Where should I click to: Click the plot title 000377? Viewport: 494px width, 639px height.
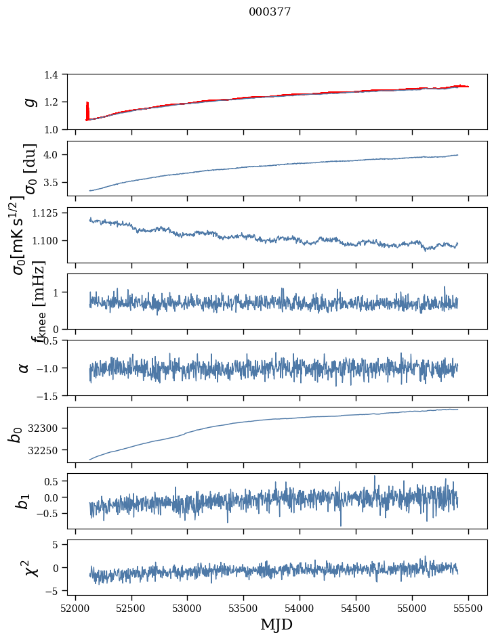[x=270, y=12]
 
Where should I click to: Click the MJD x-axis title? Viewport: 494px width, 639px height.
[x=276, y=625]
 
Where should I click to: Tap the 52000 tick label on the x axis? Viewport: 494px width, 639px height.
[x=75, y=608]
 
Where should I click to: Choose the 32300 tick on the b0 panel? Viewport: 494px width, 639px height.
[x=46, y=428]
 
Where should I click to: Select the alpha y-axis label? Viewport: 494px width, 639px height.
[x=24, y=368]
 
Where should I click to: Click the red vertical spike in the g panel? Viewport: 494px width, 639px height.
[x=87, y=110]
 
